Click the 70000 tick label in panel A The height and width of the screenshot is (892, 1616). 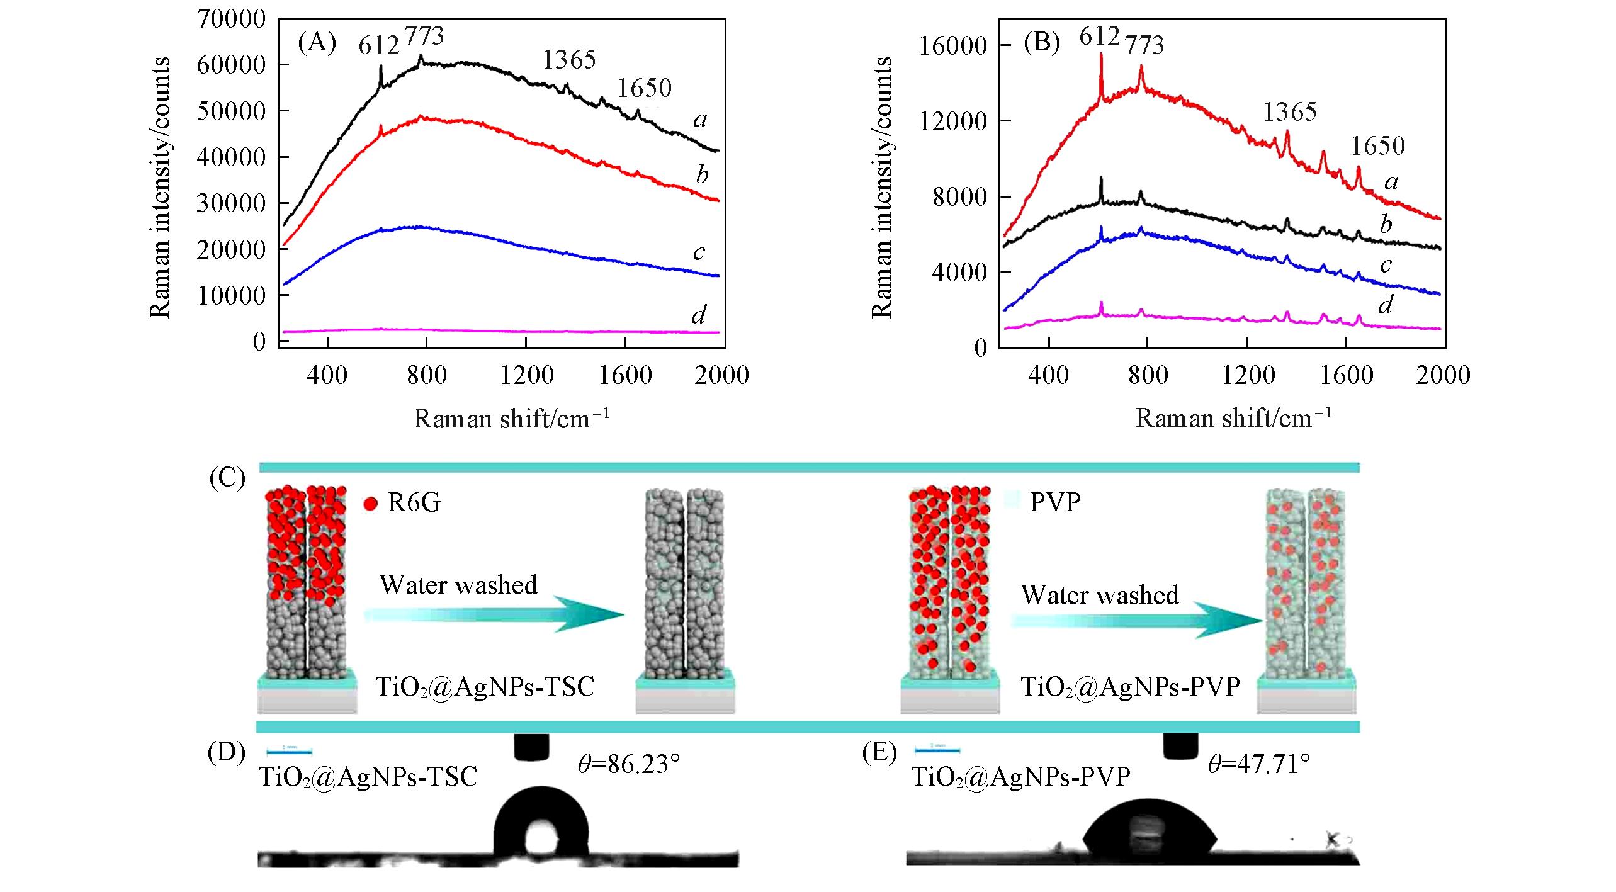231,19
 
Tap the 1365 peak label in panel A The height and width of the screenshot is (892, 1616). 569,60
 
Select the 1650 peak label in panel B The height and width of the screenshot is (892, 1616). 1378,146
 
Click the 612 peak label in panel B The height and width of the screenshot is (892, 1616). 1099,37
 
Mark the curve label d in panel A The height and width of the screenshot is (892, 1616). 699,315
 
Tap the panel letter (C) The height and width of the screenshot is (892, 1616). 227,478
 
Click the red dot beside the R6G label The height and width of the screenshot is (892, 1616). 370,504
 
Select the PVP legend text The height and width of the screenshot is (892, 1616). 1055,502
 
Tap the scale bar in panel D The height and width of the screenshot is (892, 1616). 289,751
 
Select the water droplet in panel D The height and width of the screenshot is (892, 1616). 541,821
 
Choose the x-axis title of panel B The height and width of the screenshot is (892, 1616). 1233,418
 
